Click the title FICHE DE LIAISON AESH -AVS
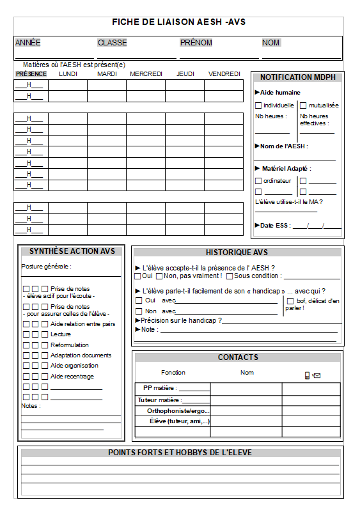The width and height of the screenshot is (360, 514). pyautogui.click(x=178, y=22)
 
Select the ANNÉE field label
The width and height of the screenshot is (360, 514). pyautogui.click(x=27, y=43)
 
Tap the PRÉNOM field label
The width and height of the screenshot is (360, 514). pyautogui.click(x=196, y=43)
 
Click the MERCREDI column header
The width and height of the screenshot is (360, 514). pyautogui.click(x=146, y=74)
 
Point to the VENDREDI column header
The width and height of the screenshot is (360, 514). pyautogui.click(x=224, y=74)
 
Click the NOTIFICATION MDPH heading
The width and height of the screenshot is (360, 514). pyautogui.click(x=297, y=77)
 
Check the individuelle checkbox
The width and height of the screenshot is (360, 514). pyautogui.click(x=258, y=105)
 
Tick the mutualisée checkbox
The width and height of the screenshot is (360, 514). pyautogui.click(x=304, y=105)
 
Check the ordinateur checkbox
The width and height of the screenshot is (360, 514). pyautogui.click(x=258, y=181)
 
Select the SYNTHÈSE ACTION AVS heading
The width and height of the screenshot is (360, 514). pyautogui.click(x=72, y=251)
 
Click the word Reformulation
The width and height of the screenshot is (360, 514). pyautogui.click(x=70, y=345)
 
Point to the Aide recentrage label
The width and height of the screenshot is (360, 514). pyautogui.click(x=72, y=377)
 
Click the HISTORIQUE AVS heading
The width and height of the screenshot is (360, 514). pyautogui.click(x=237, y=253)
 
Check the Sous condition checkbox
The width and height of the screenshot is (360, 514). pyautogui.click(x=230, y=276)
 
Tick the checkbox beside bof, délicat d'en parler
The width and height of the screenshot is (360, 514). pyautogui.click(x=290, y=301)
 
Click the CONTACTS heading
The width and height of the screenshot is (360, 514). pyautogui.click(x=238, y=357)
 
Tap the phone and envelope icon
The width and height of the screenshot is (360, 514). pyautogui.click(x=312, y=375)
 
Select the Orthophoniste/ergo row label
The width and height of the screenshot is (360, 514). pyautogui.click(x=178, y=411)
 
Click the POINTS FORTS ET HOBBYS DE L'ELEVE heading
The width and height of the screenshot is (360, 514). pyautogui.click(x=180, y=453)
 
